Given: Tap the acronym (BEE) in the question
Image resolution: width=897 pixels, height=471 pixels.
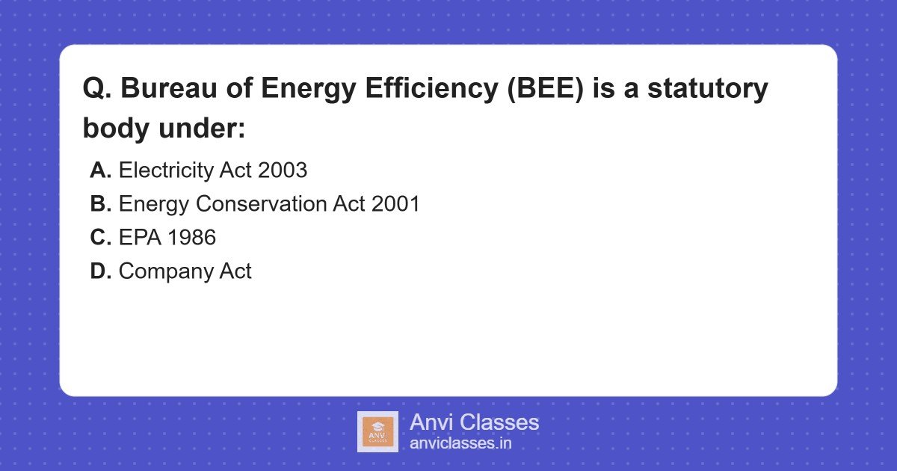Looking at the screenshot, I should pos(548,89).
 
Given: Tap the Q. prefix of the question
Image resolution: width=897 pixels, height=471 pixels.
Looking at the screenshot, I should pos(96,89).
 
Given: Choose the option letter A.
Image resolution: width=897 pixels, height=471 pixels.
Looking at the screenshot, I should pos(100,170).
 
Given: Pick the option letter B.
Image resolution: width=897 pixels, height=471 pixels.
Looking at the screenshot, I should pos(100,204).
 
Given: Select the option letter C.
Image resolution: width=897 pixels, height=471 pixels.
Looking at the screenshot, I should pos(100,238).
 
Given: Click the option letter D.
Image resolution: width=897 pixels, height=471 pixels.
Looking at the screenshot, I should pos(100,271).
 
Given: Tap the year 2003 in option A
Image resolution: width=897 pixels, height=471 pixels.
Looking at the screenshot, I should pos(283,170).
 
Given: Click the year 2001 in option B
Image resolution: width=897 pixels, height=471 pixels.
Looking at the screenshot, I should pos(395,204).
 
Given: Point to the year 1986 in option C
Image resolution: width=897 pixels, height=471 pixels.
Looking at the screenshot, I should pos(192,238).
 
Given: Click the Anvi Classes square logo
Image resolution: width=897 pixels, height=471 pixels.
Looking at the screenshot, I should pos(377,431).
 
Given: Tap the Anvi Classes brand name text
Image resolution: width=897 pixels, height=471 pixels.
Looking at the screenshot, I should pos(474,422).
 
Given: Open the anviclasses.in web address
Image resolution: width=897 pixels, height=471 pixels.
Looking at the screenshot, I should pos(460,443).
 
